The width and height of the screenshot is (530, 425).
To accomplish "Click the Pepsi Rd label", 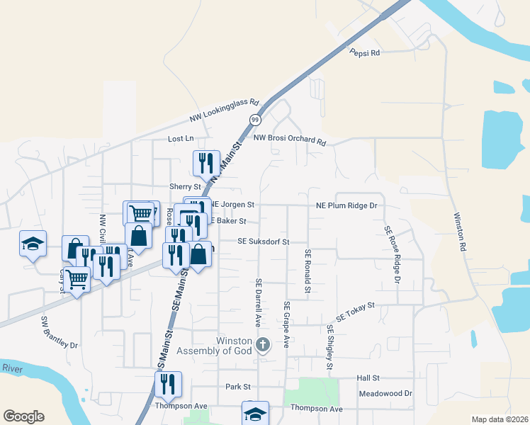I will pyautogui.click(x=365, y=52).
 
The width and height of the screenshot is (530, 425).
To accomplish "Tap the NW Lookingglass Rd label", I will pyautogui.click(x=225, y=110).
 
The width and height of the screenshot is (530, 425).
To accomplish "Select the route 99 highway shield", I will pyautogui.click(x=254, y=120).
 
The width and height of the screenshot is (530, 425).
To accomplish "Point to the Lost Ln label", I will pyautogui.click(x=180, y=140).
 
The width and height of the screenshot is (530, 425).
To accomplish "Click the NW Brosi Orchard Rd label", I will pyautogui.click(x=289, y=139).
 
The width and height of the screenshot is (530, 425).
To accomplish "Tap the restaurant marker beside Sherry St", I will pyautogui.click(x=206, y=163).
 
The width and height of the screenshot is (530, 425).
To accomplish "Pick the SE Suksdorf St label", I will pyautogui.click(x=263, y=242).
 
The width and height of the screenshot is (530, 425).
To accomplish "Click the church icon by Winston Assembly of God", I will pyautogui.click(x=262, y=345).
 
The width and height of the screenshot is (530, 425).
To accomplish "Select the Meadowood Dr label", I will pyautogui.click(x=385, y=393).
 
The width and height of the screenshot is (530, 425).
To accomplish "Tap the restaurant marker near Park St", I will pyautogui.click(x=168, y=384).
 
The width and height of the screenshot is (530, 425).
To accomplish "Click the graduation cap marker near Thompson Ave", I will pyautogui.click(x=255, y=413).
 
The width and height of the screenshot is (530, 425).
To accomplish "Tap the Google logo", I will pyautogui.click(x=23, y=416).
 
